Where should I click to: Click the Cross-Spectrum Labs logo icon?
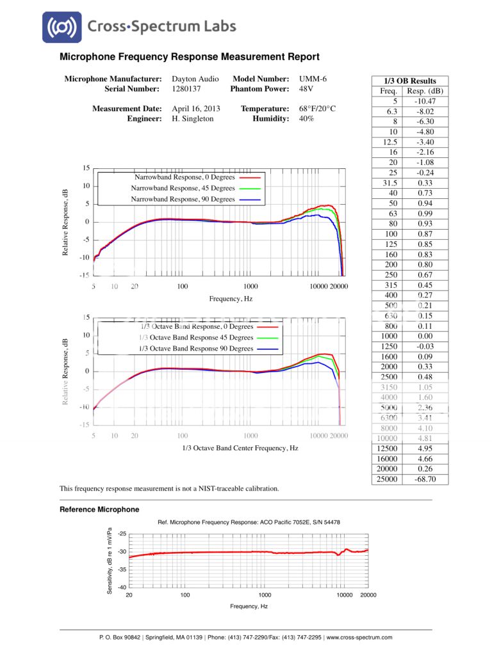click(x=62, y=28)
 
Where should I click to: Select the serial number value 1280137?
click(x=188, y=89)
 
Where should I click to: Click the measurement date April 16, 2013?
click(x=196, y=109)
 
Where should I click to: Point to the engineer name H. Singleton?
click(x=193, y=119)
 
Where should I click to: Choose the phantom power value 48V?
click(x=307, y=89)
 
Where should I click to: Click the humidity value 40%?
click(x=307, y=119)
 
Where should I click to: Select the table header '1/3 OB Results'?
click(x=410, y=81)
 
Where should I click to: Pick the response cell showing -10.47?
click(x=425, y=101)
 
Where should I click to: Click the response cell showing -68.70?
click(x=425, y=479)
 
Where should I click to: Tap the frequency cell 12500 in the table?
click(x=386, y=448)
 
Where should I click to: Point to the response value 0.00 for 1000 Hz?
click(x=425, y=336)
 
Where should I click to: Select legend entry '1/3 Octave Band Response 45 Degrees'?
click(x=196, y=338)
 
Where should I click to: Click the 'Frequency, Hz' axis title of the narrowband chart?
click(x=231, y=299)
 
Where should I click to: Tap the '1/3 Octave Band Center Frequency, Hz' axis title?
click(x=240, y=448)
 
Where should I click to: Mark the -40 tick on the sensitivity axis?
click(x=122, y=587)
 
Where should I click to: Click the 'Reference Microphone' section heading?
click(x=99, y=510)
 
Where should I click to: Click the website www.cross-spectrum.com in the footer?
click(x=359, y=637)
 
